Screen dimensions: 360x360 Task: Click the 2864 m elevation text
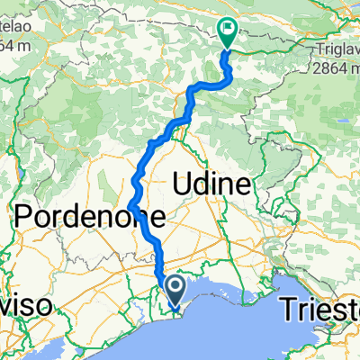click(334, 67)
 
